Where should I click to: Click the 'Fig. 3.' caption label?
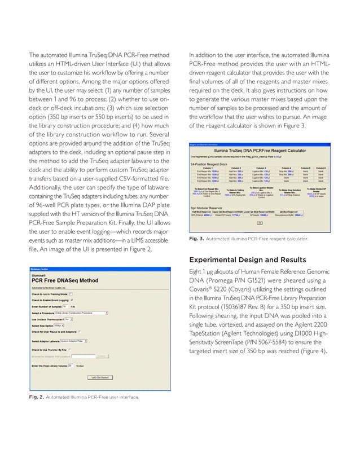coord(196,239)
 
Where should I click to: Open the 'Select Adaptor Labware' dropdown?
coord(77,341)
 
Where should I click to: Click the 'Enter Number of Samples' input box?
coord(65,306)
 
